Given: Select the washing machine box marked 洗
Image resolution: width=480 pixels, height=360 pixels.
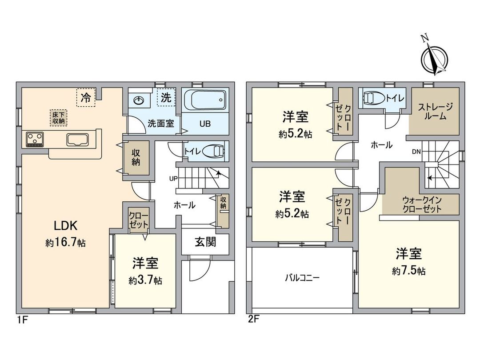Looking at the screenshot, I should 166,98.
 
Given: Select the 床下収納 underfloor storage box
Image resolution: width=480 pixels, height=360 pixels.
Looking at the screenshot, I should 57,117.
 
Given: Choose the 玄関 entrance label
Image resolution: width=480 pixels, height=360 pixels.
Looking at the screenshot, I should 205,242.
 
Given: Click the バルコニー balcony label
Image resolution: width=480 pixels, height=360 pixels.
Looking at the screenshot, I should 302,278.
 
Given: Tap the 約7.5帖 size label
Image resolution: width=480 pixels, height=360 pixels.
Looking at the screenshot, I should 408,271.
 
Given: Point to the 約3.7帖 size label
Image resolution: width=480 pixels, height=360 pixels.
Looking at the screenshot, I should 145,280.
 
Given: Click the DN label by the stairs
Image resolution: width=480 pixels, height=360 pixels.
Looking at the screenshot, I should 416,152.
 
